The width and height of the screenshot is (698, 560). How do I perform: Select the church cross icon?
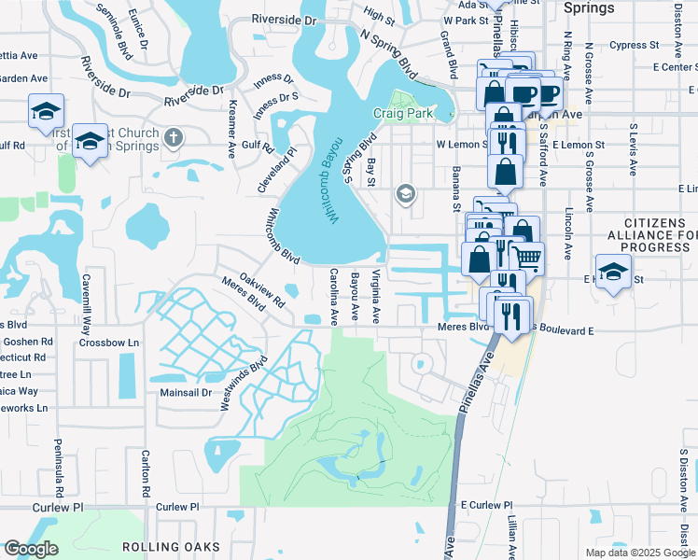click(x=172, y=138)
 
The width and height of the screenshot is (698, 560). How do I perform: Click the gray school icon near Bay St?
click(x=405, y=193)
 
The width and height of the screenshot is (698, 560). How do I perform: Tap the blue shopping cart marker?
click(x=528, y=257)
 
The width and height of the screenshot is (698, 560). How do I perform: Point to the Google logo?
click(x=30, y=549)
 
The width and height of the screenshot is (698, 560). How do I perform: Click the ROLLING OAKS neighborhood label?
click(x=170, y=547)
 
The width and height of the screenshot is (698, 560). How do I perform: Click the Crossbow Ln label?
click(x=108, y=343)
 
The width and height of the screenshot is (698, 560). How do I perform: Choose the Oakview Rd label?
click(x=261, y=289)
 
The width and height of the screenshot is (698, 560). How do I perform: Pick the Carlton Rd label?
click(x=146, y=473)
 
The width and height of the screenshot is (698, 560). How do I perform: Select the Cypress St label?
click(x=635, y=45)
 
